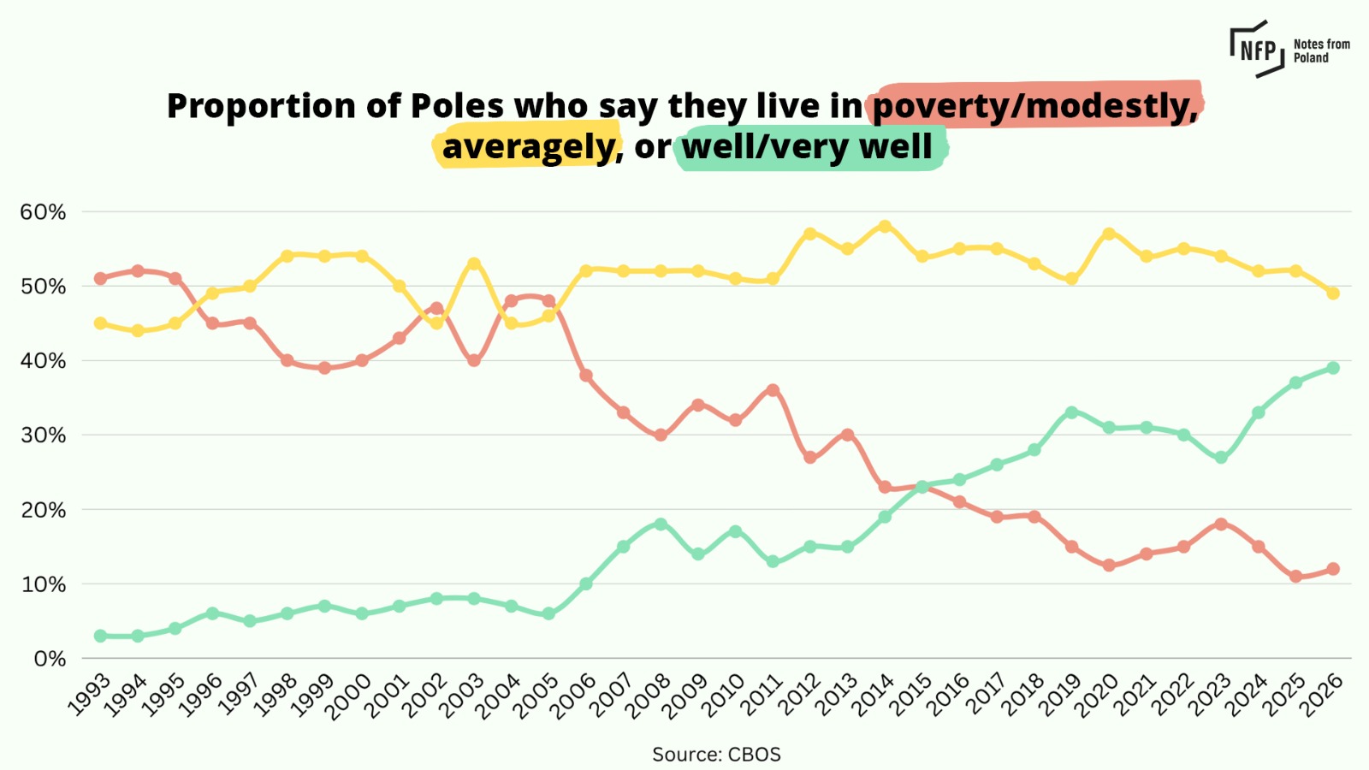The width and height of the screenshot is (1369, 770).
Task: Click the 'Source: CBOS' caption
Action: pos(716,755)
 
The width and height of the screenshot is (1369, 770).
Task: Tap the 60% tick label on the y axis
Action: pos(43,212)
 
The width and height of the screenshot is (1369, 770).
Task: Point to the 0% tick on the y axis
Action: pos(50,659)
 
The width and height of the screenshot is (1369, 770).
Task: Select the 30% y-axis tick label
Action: pos(43,435)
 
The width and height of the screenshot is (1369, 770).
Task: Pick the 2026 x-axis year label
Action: pos(1322,694)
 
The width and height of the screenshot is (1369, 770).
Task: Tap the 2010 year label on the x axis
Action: pos(724,694)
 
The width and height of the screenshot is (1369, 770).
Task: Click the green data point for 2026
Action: pos(1332,368)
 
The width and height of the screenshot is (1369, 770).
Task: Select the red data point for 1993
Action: pos(100,278)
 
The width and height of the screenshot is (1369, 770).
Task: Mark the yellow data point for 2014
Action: pos(885,227)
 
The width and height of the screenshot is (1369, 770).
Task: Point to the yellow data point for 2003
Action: pos(474,264)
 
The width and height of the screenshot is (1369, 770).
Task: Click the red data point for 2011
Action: pos(773,390)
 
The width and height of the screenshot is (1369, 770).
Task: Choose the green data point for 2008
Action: pos(661,524)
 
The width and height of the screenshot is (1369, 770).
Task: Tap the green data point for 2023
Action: pos(1221,458)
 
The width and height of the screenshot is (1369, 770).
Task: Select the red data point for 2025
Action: pos(1295,577)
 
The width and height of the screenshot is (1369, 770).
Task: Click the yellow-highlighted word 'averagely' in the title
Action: pos(529,147)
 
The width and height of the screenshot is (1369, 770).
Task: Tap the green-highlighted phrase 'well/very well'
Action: pos(808,147)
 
